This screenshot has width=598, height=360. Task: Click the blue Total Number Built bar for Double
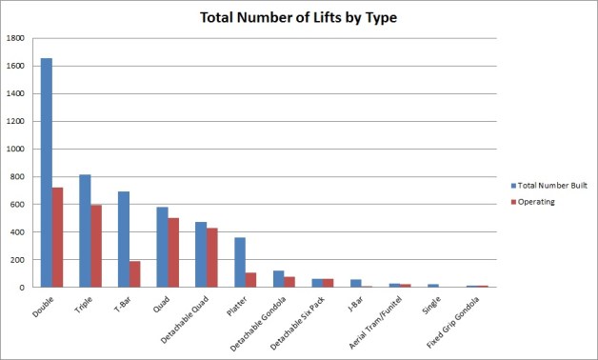(x=46, y=172)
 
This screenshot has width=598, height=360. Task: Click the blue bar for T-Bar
(x=124, y=239)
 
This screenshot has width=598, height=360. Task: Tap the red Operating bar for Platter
(x=251, y=279)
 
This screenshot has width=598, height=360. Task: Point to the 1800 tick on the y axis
(x=17, y=39)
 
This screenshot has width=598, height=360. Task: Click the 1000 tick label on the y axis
(x=17, y=150)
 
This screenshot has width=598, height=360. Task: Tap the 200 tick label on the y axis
(x=20, y=259)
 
